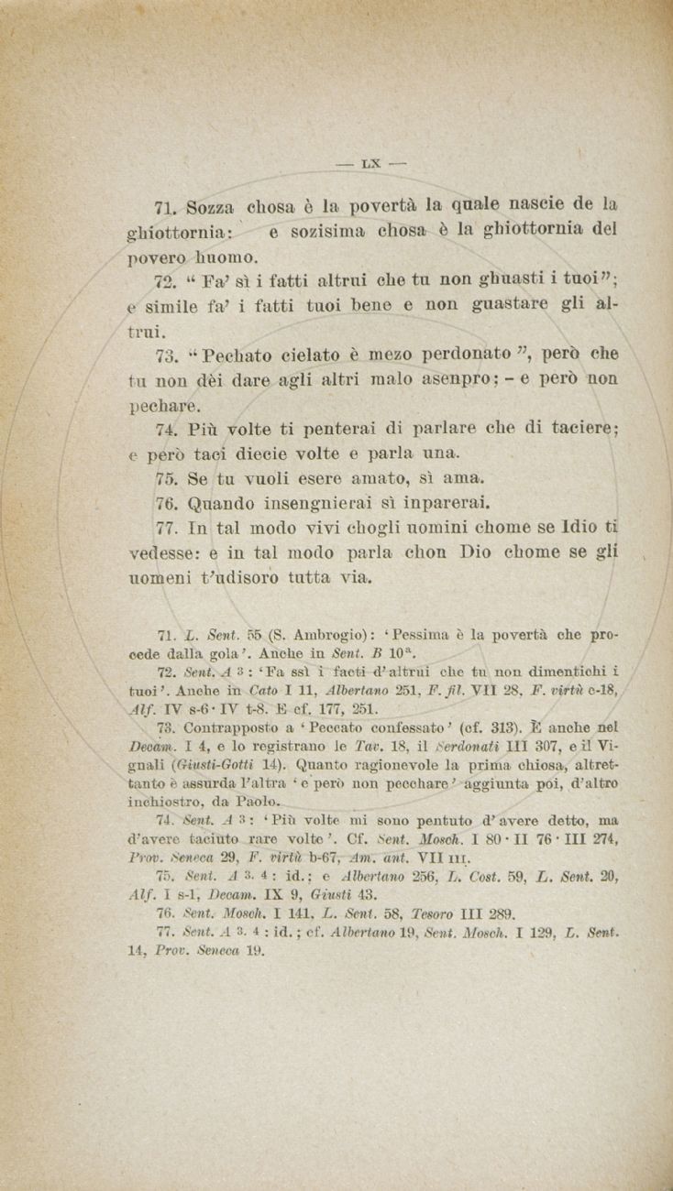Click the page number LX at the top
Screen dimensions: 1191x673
[x=370, y=165]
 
